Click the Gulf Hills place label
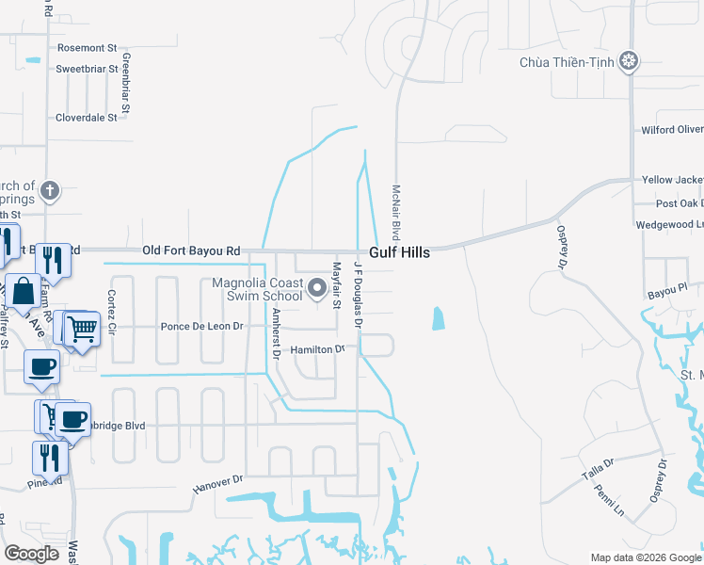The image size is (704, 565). tap(400, 252)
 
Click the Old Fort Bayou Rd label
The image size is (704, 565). tap(191, 251)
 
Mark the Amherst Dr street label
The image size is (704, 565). tap(276, 333)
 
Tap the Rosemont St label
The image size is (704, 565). tap(87, 47)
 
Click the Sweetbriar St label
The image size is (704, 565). tap(86, 69)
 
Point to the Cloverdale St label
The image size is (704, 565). tap(87, 118)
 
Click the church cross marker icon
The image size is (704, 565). tap(50, 191)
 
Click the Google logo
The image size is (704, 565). tap(31, 554)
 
